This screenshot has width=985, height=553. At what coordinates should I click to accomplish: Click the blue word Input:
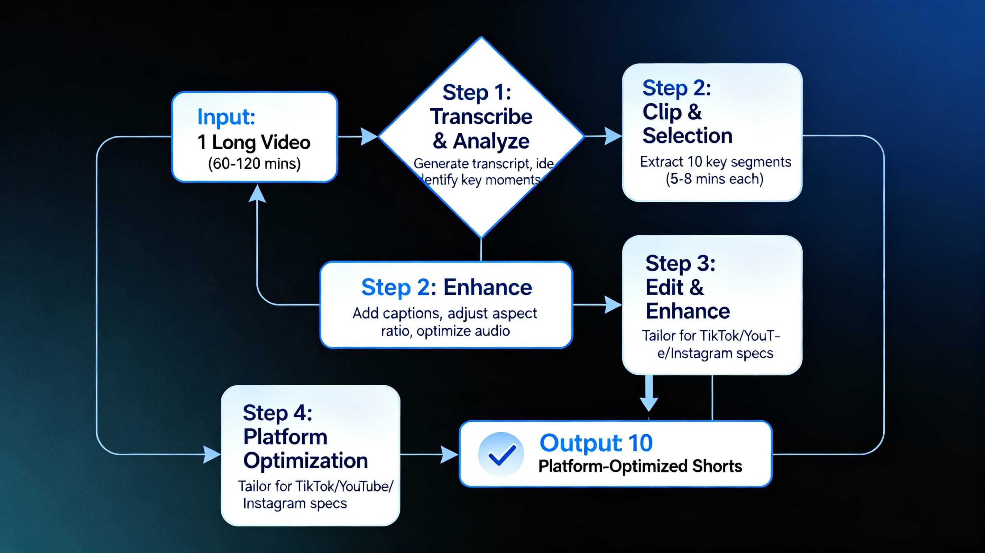[226, 117]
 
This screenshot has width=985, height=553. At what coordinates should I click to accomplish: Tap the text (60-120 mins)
[254, 163]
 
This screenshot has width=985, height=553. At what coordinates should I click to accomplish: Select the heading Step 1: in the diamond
[477, 93]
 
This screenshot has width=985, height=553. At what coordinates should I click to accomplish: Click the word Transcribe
[481, 116]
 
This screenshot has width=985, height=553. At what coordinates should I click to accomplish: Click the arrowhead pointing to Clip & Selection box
[613, 136]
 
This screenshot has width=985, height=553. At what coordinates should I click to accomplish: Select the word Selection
[687, 136]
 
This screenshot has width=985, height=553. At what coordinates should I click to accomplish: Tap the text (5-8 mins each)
[714, 179]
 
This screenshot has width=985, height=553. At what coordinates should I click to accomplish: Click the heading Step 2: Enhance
[446, 288]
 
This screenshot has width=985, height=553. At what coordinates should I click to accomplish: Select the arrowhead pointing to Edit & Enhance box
[613, 304]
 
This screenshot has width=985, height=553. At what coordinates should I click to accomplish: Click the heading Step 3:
[680, 263]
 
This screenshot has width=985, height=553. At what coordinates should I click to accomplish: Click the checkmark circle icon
[501, 454]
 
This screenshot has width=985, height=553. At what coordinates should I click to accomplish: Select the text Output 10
[596, 443]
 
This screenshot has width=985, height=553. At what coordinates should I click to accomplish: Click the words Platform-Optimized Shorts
[640, 466]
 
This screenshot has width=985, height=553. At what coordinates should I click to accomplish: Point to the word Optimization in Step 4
[305, 460]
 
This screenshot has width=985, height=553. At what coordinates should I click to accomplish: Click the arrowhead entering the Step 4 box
[211, 454]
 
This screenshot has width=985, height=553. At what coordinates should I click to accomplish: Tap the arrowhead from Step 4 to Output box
[449, 454]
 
